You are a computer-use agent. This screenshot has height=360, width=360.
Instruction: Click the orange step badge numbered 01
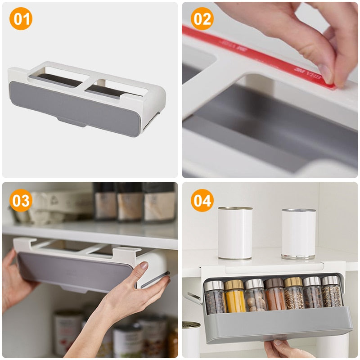[x=21, y=19]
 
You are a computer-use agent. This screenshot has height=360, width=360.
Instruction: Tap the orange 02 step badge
[x=202, y=19]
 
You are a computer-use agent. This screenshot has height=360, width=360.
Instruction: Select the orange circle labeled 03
[x=21, y=200]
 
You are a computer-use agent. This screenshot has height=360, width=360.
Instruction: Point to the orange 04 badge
[x=202, y=200]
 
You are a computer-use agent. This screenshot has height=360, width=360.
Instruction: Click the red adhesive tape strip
[x=252, y=54]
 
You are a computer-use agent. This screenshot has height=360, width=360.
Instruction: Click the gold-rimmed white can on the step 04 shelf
[x=235, y=233]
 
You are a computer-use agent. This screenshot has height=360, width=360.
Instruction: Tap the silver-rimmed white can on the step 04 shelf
[x=298, y=234]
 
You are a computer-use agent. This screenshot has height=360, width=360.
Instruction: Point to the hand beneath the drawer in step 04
[x=288, y=349]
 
